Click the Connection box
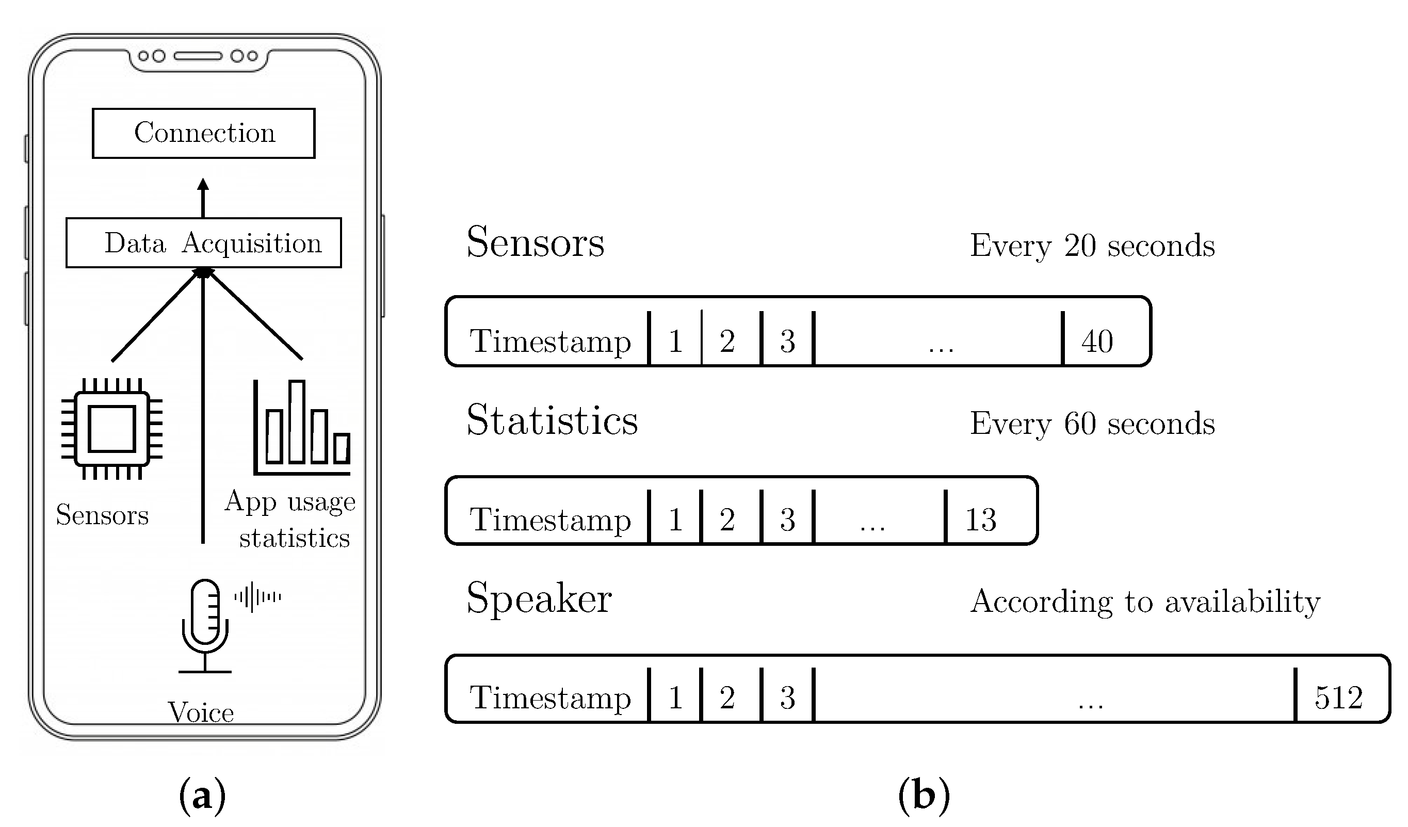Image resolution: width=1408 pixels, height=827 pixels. click(203, 133)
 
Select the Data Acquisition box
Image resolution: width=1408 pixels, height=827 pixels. click(203, 242)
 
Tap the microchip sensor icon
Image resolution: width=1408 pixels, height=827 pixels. click(112, 429)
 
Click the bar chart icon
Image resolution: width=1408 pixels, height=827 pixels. click(302, 428)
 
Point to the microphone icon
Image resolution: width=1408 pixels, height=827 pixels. click(204, 626)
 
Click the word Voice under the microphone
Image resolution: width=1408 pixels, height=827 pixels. click(201, 713)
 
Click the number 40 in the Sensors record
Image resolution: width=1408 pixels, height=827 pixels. click(1097, 341)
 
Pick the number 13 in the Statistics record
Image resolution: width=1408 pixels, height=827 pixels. click(981, 520)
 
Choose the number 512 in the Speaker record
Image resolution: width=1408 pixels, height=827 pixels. click(1339, 698)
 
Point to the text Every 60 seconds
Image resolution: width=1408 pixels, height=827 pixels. click(1092, 424)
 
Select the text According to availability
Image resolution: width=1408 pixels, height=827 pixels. click(1145, 602)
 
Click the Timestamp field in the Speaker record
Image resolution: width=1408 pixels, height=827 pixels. click(550, 698)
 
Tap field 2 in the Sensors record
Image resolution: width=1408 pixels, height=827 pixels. click(727, 341)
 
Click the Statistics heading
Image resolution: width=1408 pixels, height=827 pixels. click(552, 420)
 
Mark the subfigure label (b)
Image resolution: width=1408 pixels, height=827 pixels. click(924, 794)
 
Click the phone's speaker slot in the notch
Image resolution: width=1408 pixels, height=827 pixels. click(198, 56)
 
